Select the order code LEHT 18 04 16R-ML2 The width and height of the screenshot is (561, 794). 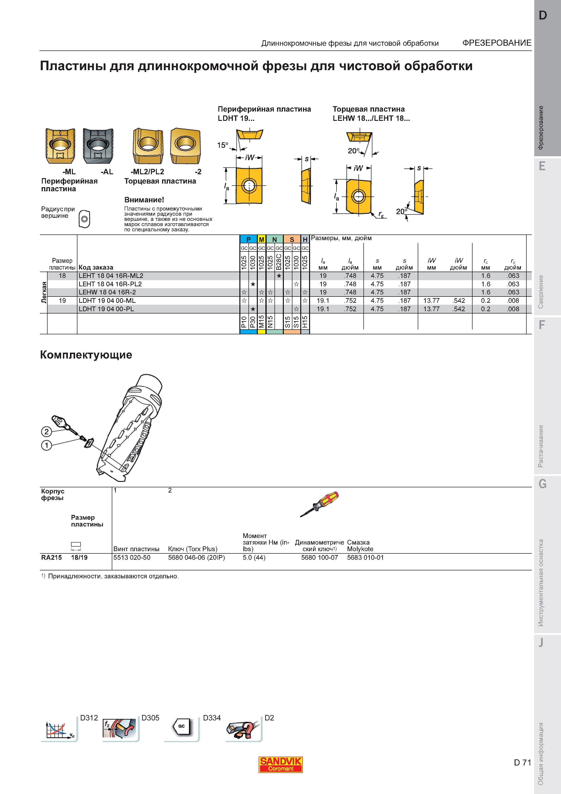click(111, 276)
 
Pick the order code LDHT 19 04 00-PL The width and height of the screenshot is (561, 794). click(106, 309)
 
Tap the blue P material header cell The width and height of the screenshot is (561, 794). click(248, 239)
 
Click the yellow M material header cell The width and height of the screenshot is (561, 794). click(261, 239)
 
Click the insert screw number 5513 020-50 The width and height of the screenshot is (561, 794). click(132, 557)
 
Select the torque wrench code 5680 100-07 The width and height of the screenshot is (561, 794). click(319, 557)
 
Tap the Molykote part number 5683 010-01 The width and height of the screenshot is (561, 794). click(365, 557)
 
